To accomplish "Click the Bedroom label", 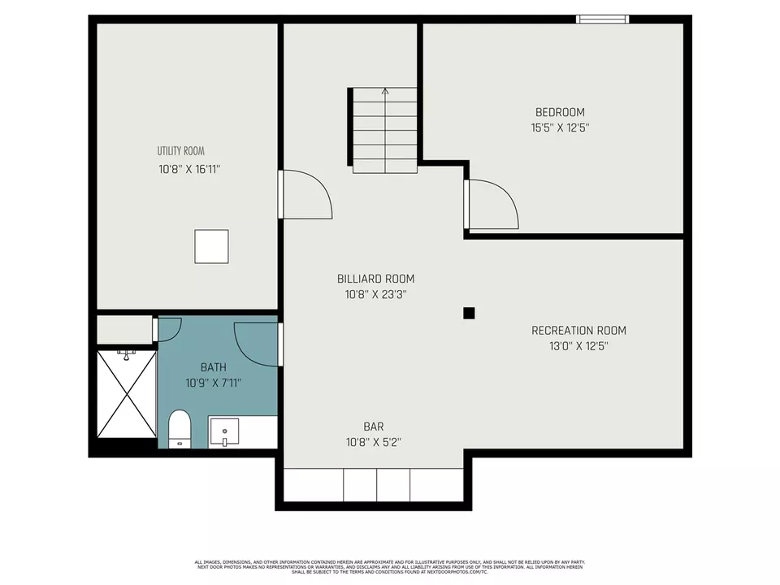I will point(559,112).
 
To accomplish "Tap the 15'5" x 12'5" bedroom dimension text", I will point(559,128).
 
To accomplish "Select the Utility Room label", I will point(180,151).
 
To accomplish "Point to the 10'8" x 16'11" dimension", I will point(190,169).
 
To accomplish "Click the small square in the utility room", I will point(211,246).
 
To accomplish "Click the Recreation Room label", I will point(578,331).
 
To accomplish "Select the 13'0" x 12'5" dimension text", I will point(578,346).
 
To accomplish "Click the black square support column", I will point(469,313).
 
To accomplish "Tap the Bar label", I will point(373,427).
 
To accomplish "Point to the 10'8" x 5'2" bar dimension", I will point(373,443).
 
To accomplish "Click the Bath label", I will point(214,367).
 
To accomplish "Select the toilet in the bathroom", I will point(179,428).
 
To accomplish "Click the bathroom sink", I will point(223,431).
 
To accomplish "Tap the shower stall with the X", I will point(126,393).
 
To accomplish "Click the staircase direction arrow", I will point(385,93).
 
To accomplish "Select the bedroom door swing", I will point(492,203).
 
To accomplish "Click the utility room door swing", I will point(306,194).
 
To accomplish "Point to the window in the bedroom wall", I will point(602,19).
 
